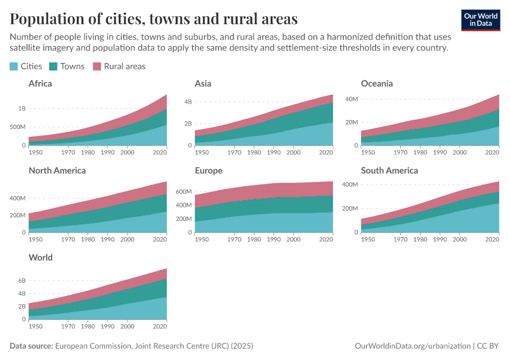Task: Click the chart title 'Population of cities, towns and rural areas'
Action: click(154, 19)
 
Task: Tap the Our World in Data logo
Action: click(481, 20)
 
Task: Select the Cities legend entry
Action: click(26, 66)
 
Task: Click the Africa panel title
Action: click(40, 83)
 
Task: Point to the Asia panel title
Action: click(203, 83)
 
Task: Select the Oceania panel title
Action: click(377, 83)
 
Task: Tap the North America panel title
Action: click(57, 170)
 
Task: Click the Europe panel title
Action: click(209, 170)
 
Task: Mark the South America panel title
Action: click(390, 170)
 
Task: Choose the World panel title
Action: click(41, 257)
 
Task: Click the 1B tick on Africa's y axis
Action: click(22, 109)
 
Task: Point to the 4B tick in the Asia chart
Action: click(187, 102)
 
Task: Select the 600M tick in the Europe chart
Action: click(184, 191)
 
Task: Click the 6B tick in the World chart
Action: click(22, 281)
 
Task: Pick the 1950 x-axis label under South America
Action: click(368, 240)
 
